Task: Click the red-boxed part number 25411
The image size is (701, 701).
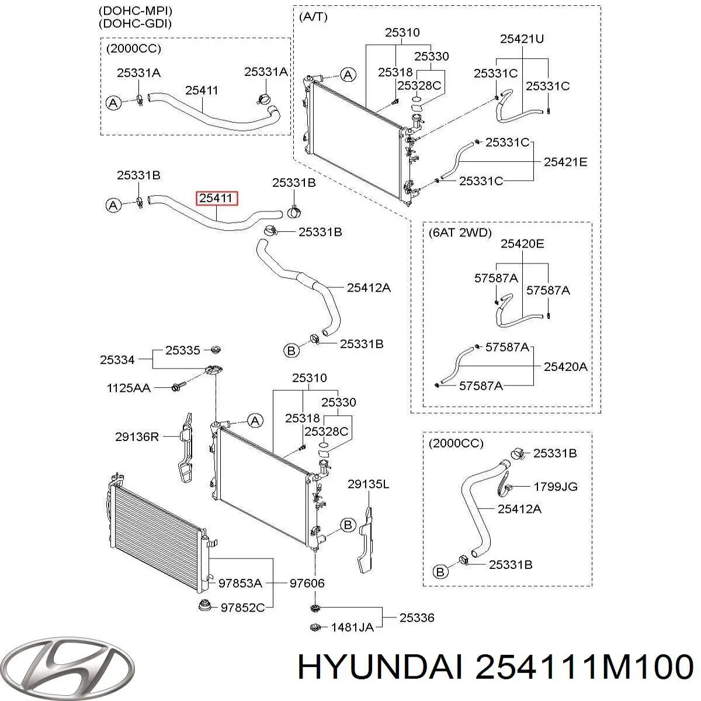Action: pyautogui.click(x=216, y=199)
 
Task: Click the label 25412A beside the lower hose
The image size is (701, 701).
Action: pyautogui.click(x=369, y=287)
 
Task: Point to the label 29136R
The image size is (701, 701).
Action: pyautogui.click(x=137, y=436)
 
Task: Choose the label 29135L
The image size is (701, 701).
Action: pyautogui.click(x=368, y=484)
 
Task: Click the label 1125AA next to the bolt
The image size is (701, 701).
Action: pyautogui.click(x=128, y=388)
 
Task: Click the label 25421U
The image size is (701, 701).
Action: pyautogui.click(x=522, y=39)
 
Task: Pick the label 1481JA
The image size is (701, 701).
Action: pyautogui.click(x=352, y=628)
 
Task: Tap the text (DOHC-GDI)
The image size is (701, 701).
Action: pyautogui.click(x=131, y=23)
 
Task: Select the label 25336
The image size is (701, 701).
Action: pyautogui.click(x=417, y=617)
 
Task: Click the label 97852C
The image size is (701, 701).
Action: pyautogui.click(x=241, y=608)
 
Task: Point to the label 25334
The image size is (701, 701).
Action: pyautogui.click(x=117, y=360)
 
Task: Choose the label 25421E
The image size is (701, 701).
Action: pyautogui.click(x=565, y=162)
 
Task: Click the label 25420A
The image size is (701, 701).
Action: pyautogui.click(x=565, y=367)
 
